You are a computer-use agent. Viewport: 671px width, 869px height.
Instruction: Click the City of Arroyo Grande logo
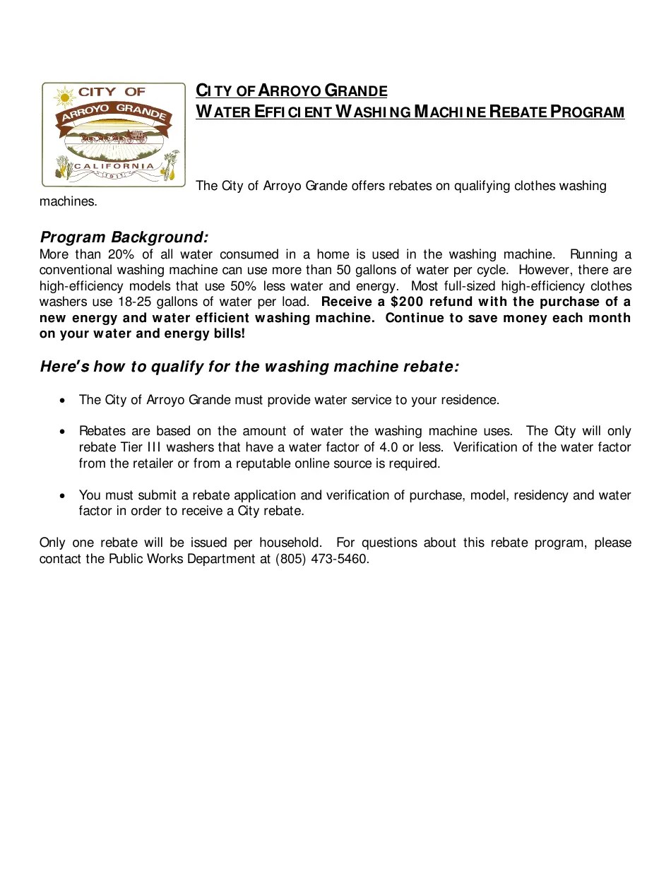[113, 134]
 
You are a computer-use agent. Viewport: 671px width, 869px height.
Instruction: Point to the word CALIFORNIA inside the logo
[114, 166]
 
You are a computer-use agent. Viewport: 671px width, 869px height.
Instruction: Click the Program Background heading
[124, 237]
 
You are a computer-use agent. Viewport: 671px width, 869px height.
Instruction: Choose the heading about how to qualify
[249, 366]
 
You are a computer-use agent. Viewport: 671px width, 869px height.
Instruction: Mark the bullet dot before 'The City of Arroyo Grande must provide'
[64, 401]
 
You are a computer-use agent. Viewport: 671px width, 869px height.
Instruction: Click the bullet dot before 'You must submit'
[64, 496]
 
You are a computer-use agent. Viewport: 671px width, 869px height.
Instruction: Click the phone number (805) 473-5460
[321, 559]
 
